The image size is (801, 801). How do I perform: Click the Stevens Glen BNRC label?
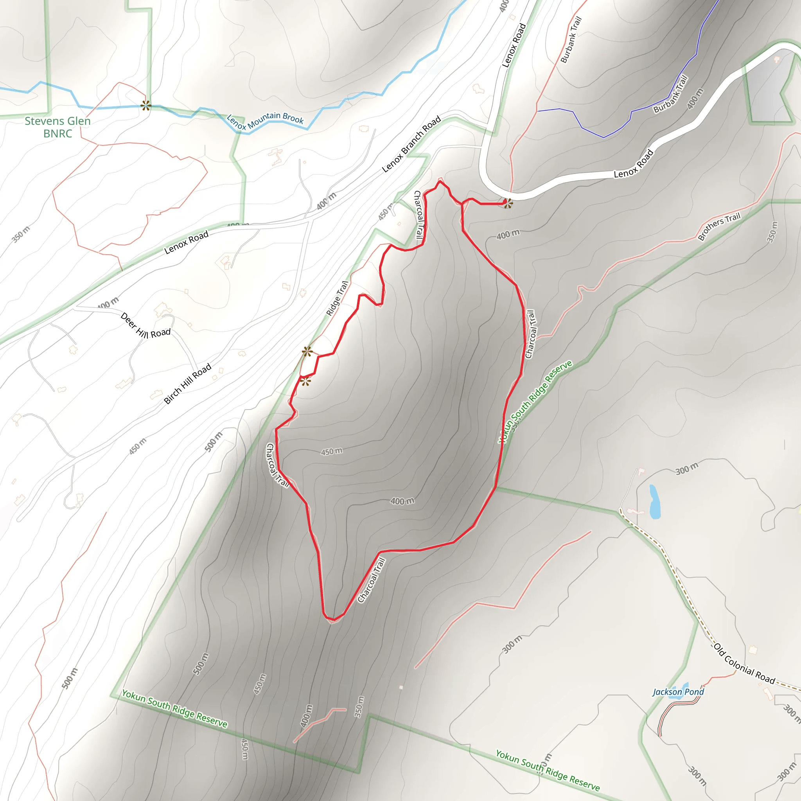(57, 127)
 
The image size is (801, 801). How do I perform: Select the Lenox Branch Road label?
(411, 144)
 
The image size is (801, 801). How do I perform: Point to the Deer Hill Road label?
(145, 326)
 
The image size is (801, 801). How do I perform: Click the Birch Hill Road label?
(187, 384)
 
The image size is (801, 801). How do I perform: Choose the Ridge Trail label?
(337, 298)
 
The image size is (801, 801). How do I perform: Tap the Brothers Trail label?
(719, 226)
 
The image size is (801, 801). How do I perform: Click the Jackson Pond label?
(678, 692)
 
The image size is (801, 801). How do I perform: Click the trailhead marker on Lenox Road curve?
(508, 203)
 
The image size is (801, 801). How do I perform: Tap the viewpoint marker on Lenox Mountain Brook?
(145, 105)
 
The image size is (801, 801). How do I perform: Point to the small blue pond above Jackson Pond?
(654, 502)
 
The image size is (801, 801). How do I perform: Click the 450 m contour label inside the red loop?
(332, 451)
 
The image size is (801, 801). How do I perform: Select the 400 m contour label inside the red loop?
(402, 501)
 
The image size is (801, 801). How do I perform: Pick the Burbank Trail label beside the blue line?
(670, 94)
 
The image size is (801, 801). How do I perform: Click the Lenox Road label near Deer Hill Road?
(186, 242)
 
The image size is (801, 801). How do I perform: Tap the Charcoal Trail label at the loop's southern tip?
(372, 580)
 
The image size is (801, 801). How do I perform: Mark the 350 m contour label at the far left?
(21, 234)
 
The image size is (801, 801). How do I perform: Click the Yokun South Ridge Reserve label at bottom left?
(174, 709)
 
